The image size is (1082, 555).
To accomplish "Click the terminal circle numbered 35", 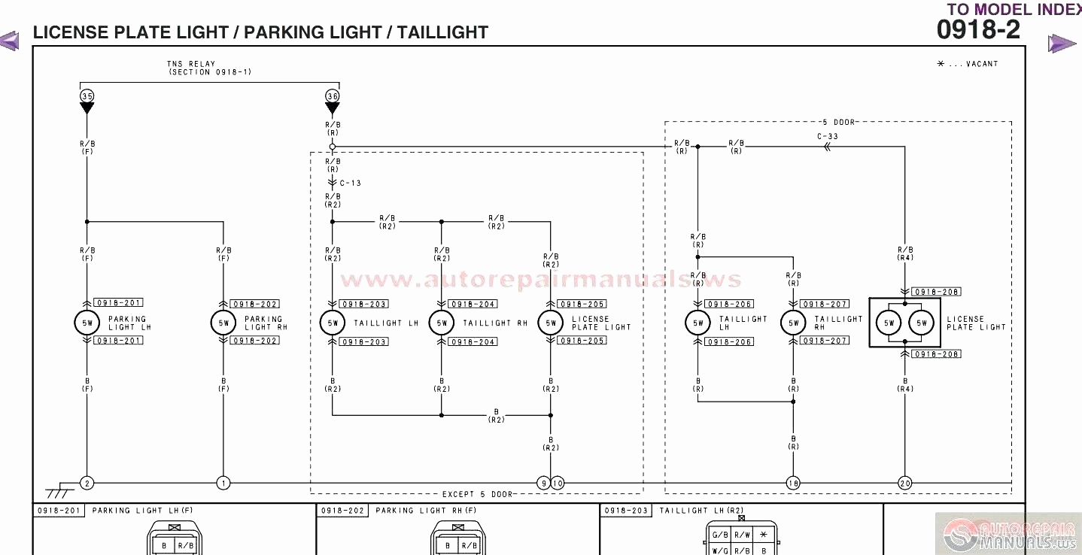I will pyautogui.click(x=87, y=96).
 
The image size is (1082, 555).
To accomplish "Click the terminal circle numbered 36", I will pyautogui.click(x=333, y=96).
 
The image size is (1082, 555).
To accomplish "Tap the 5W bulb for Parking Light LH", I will pyautogui.click(x=87, y=323).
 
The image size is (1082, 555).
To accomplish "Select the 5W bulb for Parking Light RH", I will pyautogui.click(x=223, y=323).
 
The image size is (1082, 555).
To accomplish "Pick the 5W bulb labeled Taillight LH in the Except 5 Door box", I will pyautogui.click(x=332, y=323).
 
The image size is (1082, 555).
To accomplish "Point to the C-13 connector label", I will pyautogui.click(x=350, y=183).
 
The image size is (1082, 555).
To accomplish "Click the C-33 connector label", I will pyautogui.click(x=827, y=137).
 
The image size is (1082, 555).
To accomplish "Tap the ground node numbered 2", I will pyautogui.click(x=87, y=483).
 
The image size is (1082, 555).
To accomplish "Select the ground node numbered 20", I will pyautogui.click(x=904, y=483).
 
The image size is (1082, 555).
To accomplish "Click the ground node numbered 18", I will pyautogui.click(x=792, y=483).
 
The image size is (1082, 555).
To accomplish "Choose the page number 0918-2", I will pyautogui.click(x=978, y=30).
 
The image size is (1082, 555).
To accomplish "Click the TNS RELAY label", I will pyautogui.click(x=191, y=65).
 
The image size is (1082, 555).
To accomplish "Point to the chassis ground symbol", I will pyautogui.click(x=58, y=493).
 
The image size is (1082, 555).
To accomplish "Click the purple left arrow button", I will pyautogui.click(x=10, y=41).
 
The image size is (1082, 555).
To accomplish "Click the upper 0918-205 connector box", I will pyautogui.click(x=582, y=304).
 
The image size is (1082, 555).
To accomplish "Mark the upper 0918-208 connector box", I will pyautogui.click(x=936, y=292).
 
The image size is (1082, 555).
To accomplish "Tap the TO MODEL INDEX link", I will pyautogui.click(x=1014, y=9).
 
